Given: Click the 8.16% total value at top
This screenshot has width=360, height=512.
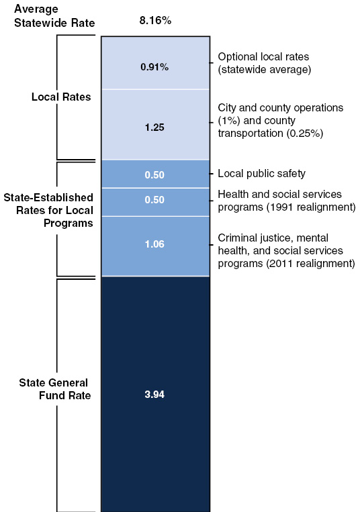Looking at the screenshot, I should [156, 21].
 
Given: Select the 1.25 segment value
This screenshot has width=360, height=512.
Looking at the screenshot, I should [155, 126].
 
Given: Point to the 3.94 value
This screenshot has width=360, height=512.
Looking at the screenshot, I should [155, 395].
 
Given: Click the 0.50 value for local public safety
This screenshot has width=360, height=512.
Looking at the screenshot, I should [155, 174].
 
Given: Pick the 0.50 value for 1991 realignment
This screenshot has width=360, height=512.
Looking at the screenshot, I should [155, 201].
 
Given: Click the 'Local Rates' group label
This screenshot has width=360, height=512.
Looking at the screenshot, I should [62, 97].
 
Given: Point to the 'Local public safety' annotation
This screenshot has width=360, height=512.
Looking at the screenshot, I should [261, 174].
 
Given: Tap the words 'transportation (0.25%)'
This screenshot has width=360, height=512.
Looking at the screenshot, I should [271, 133].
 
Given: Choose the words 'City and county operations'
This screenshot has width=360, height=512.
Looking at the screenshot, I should [281, 107].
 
